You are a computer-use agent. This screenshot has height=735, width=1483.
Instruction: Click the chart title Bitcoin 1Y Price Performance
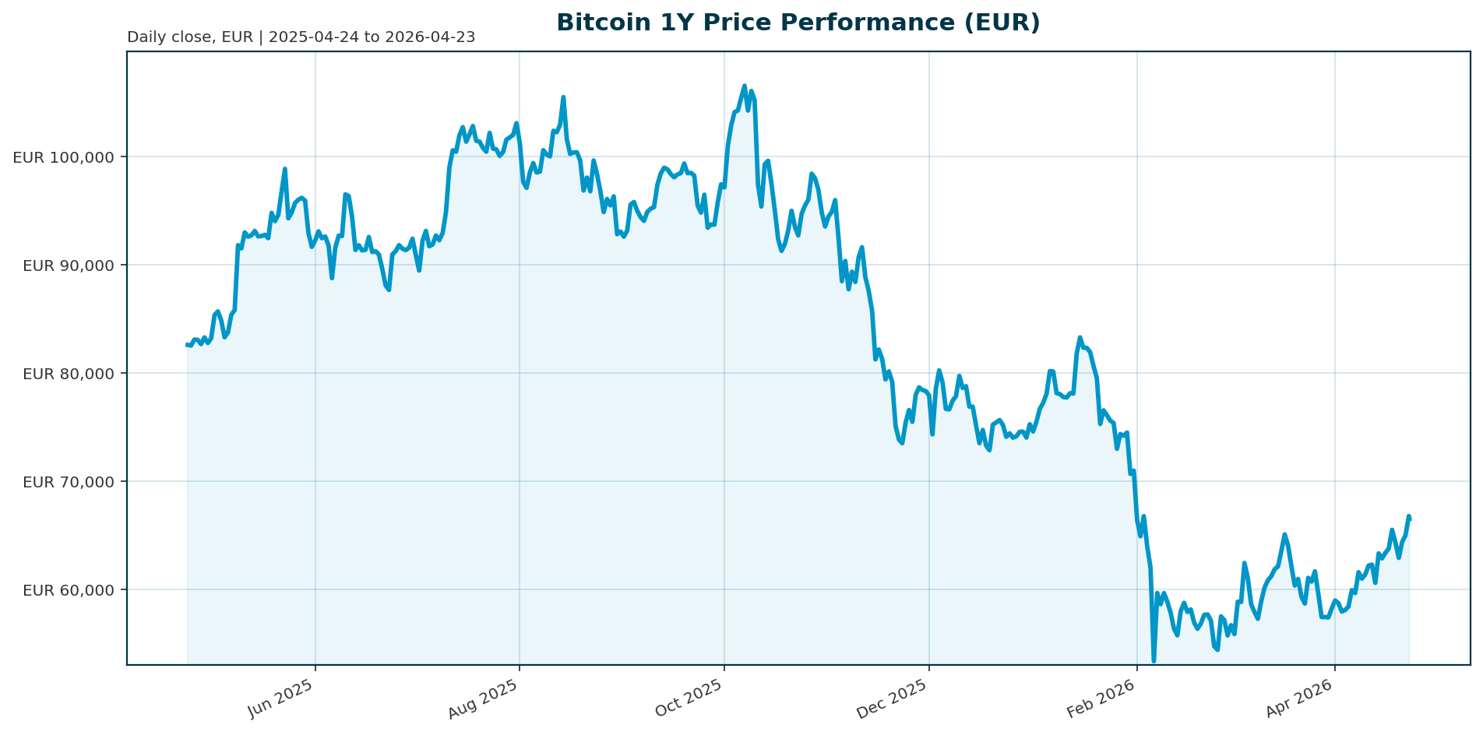coord(798,23)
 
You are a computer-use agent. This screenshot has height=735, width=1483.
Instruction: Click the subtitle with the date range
coord(301,37)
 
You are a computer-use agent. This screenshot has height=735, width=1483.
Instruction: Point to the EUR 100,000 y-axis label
coord(64,157)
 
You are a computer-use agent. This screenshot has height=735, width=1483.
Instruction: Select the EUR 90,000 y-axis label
coord(69,266)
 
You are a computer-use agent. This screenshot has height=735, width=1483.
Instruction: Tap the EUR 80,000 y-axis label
coord(69,374)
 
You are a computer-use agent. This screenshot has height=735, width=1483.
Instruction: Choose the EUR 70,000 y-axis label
coord(69,482)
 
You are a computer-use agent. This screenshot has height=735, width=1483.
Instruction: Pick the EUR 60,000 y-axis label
coord(69,590)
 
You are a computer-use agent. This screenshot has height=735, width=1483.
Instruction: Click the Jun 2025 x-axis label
coord(281,698)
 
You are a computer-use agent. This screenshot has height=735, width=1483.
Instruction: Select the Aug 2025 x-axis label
coord(485,698)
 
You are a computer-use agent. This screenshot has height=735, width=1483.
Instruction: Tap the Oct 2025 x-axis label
coord(690,698)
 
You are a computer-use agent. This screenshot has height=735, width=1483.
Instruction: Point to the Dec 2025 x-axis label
coord(894,698)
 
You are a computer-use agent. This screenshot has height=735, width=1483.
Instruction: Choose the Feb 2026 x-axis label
coord(1101,698)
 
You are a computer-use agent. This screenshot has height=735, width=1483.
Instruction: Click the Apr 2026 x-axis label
coord(1300,698)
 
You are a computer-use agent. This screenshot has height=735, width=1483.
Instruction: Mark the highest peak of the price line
coord(745,86)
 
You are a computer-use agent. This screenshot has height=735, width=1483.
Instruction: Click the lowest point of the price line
coord(1154,661)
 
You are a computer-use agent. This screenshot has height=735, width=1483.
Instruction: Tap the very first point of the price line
coord(187,344)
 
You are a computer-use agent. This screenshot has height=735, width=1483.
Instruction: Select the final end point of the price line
coord(1410,518)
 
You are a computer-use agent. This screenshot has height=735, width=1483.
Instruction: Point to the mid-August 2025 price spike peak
coord(563,97)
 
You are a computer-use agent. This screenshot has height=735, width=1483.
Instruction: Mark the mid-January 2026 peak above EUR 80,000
coord(1080,338)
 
